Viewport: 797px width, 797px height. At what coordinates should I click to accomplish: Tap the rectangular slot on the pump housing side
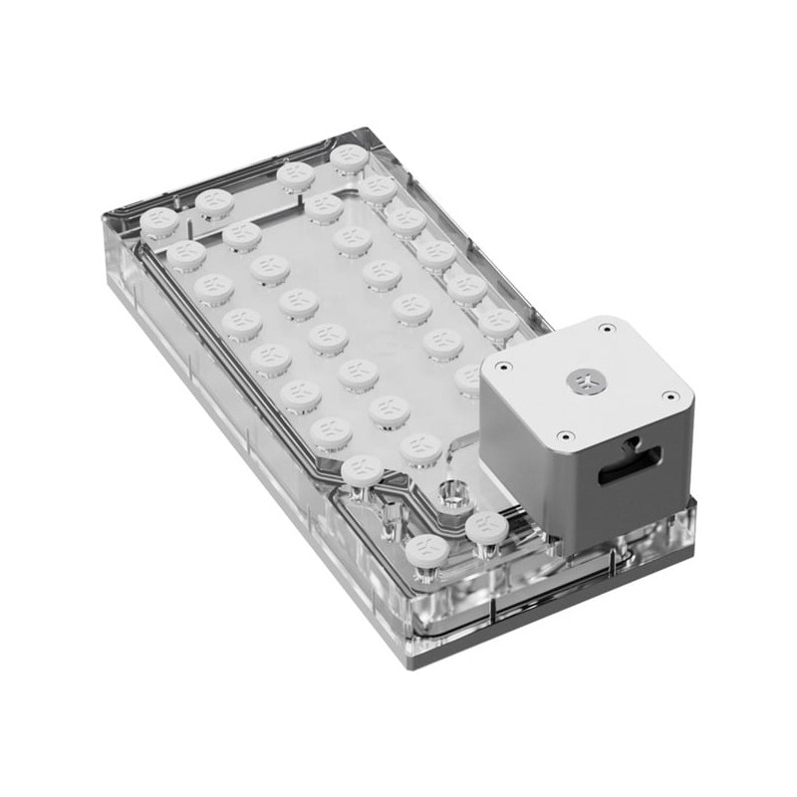tap(629, 464)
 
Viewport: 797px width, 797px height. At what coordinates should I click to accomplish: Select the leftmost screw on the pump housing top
tap(503, 367)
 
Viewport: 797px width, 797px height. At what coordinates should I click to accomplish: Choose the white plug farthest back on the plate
tap(349, 155)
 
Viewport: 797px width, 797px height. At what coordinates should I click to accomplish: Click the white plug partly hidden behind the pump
tap(470, 377)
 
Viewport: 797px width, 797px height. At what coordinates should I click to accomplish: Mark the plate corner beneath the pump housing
tap(694, 503)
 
